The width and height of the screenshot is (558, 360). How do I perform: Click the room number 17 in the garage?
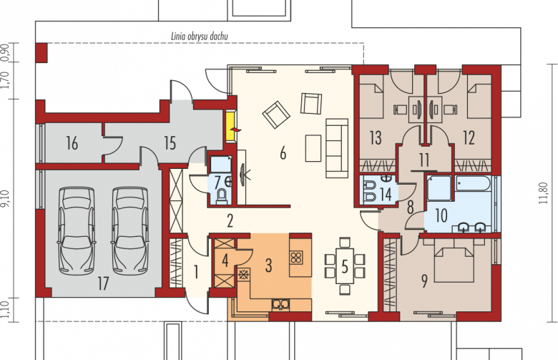[103, 284]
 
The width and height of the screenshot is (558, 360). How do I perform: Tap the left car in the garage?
[77, 231]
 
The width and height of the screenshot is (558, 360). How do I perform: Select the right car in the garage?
[130, 231]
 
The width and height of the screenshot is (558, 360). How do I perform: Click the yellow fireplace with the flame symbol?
[231, 127]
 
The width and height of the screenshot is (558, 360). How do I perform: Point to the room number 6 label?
[283, 153]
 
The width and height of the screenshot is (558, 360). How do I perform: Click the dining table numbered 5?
[344, 266]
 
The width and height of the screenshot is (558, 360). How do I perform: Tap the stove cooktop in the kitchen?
[296, 257]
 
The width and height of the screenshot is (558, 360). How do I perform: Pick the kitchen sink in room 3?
[280, 304]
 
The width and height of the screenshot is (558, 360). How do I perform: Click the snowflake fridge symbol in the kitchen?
[244, 275]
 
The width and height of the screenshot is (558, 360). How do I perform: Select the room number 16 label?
[72, 144]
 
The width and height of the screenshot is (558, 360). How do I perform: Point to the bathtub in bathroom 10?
[474, 183]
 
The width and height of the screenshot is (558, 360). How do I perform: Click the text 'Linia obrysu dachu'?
[200, 37]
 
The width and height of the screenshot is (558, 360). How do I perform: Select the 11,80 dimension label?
[543, 193]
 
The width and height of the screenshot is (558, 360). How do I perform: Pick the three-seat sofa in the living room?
[337, 148]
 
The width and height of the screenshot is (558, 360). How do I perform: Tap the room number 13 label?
[376, 138]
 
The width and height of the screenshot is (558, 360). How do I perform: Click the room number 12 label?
[469, 138]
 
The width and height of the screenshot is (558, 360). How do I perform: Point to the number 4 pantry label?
[225, 261]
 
